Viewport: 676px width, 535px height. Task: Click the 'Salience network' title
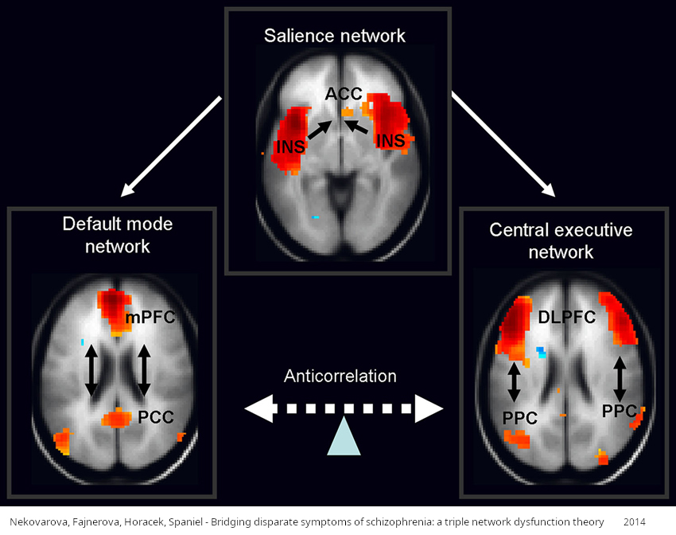335,36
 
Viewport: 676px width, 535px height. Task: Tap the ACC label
344,94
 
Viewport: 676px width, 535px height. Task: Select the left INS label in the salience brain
289,146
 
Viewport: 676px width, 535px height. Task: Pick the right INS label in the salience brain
395,141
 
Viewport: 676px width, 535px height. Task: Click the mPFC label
150,318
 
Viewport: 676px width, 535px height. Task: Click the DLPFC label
567,317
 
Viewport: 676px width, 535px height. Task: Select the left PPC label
519,417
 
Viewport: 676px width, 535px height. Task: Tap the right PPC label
619,412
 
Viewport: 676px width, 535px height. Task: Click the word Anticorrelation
340,375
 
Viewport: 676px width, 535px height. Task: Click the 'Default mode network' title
118,235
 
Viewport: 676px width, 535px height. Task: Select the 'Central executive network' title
561,241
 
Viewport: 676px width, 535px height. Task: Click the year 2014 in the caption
635,521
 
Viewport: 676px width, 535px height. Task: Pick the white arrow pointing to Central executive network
503,144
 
